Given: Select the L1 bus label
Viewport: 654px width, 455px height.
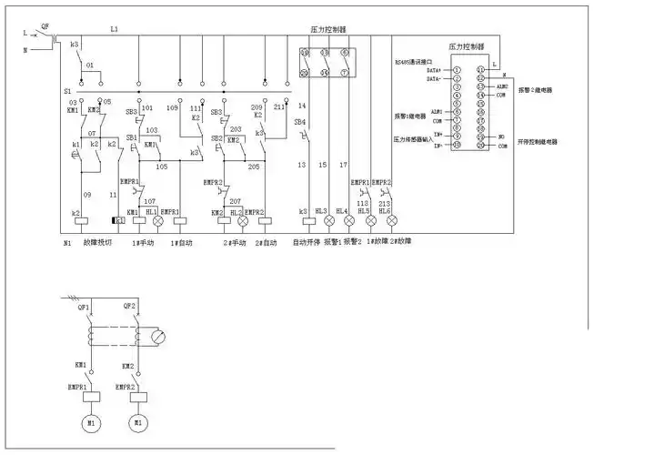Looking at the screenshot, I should [x=114, y=29].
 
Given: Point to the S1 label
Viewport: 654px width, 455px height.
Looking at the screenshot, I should [x=67, y=92].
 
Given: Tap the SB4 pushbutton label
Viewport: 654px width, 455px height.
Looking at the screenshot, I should [x=301, y=121].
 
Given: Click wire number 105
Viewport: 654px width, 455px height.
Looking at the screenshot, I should [x=162, y=167].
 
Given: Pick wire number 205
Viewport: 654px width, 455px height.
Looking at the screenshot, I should [x=253, y=167].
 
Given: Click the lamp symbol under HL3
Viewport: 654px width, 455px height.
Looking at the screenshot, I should [x=327, y=221].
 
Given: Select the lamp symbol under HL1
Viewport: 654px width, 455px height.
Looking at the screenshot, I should [x=156, y=221].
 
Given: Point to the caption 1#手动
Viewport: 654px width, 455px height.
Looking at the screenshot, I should [x=144, y=243].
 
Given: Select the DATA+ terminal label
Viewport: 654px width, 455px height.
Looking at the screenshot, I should [x=433, y=69].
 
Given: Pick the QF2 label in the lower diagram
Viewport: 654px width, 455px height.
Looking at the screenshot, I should [x=130, y=306].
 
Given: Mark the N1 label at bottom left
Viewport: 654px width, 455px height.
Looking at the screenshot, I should [x=67, y=243].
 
